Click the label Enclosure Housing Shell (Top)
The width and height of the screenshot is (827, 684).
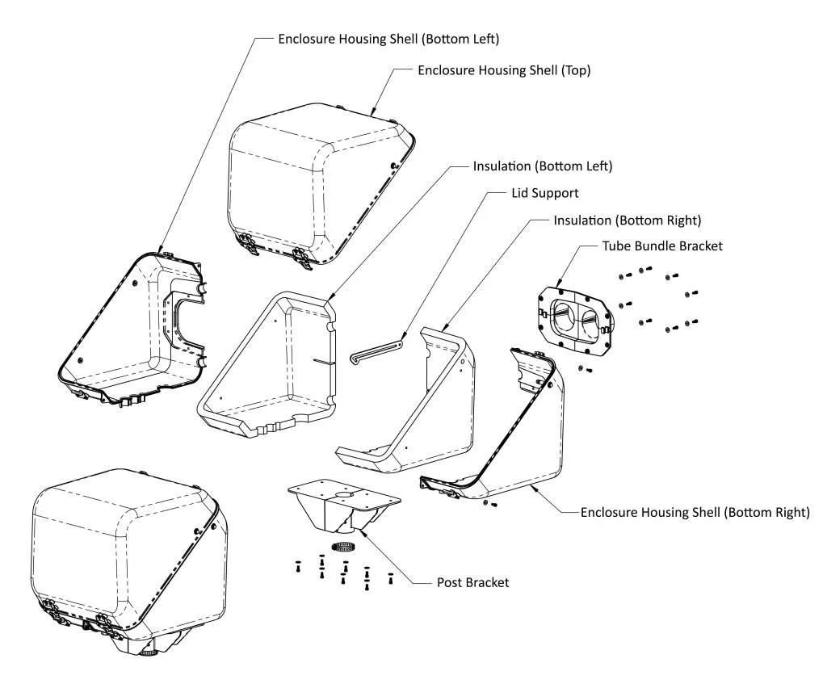coord(504,70)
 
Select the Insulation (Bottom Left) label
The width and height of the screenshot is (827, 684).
coord(543,166)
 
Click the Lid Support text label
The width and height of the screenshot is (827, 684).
coord(545,193)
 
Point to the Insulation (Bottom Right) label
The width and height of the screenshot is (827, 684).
coord(627,220)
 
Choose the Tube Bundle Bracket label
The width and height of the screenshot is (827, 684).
coord(662,245)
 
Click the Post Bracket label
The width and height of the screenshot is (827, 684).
coord(472,581)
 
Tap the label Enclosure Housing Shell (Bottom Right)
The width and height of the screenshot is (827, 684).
coord(695,512)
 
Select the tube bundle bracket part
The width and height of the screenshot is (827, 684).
coord(576,317)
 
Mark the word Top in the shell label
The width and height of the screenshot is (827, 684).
coord(574,70)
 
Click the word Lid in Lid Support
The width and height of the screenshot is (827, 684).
coord(521,193)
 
